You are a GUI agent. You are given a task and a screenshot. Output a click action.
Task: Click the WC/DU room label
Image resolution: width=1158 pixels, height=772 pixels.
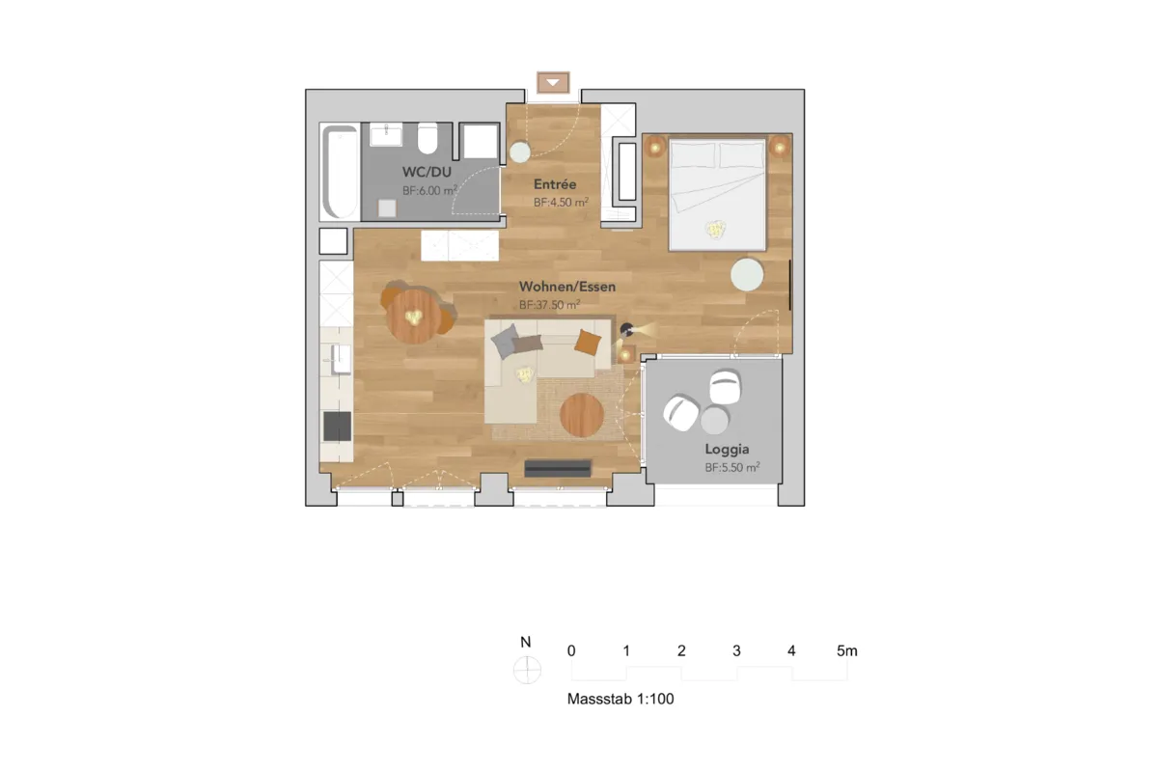click(x=427, y=172)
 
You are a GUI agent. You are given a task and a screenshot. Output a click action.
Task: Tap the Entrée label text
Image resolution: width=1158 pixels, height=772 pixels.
click(x=555, y=184)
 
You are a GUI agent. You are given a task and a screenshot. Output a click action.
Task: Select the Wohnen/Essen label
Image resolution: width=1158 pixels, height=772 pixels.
click(x=567, y=287)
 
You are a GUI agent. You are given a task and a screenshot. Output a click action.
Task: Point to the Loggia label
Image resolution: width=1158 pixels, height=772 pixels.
click(x=727, y=450)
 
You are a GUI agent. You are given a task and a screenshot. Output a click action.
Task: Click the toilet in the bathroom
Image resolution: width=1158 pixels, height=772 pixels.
click(x=427, y=138)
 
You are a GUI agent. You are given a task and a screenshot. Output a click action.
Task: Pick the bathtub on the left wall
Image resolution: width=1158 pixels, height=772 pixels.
click(x=340, y=172)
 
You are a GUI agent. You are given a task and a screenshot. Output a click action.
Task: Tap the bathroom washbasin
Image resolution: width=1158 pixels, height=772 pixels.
click(x=386, y=134)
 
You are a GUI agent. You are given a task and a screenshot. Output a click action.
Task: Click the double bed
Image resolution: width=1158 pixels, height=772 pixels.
click(x=717, y=194)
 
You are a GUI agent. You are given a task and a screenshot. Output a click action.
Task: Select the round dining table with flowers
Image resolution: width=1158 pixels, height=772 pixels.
click(x=414, y=317)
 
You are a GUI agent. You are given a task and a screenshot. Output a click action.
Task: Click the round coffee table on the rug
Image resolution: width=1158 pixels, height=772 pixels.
click(x=582, y=415)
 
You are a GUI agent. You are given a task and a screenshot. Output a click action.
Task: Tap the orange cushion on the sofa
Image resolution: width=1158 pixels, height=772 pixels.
click(x=589, y=342)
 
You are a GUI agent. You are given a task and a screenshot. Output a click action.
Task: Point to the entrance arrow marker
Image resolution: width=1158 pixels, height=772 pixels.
click(x=553, y=83)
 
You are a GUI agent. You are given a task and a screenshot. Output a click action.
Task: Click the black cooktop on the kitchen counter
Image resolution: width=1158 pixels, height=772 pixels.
click(x=337, y=427)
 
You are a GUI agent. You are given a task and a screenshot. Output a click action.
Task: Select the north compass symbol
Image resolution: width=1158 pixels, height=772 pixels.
click(x=527, y=670)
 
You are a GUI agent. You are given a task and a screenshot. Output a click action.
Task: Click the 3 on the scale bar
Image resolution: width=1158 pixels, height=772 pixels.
click(x=736, y=650)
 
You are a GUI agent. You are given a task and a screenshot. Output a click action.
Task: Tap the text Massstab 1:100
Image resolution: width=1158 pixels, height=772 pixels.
click(x=620, y=699)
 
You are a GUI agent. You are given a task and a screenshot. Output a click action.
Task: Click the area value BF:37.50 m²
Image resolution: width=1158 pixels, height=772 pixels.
click(x=549, y=305)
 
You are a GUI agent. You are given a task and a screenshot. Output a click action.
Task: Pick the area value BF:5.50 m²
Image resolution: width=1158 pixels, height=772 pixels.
click(x=732, y=467)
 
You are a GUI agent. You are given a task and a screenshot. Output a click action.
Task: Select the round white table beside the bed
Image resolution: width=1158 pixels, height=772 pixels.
click(x=747, y=275)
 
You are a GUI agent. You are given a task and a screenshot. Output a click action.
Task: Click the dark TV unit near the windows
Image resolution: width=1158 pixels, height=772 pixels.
click(x=558, y=468)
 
